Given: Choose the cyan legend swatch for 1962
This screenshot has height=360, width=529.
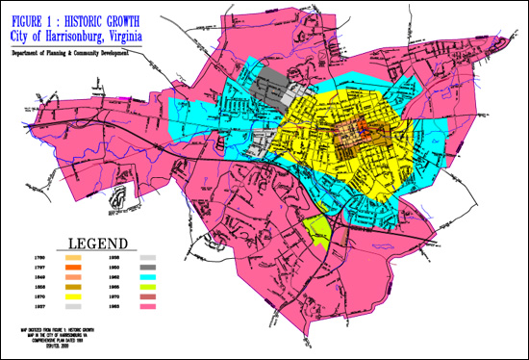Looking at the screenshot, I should tap(148, 278).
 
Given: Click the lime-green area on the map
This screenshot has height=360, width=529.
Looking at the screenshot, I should tap(315, 228).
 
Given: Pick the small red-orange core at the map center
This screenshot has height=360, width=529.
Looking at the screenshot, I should tap(364, 127).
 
